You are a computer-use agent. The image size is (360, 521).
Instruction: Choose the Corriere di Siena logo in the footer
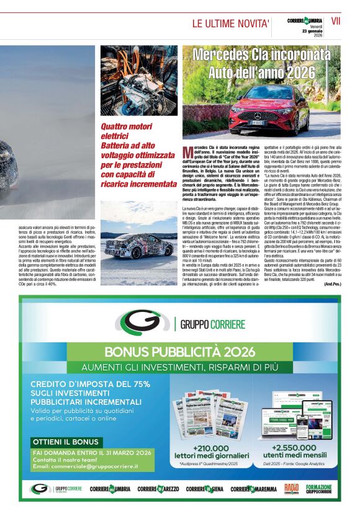205,489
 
